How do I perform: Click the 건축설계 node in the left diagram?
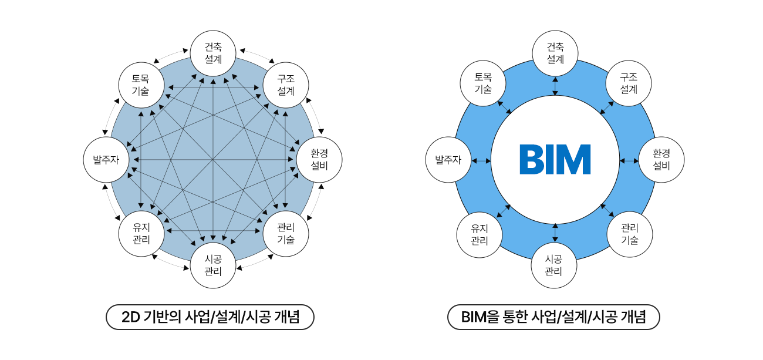point(213,53)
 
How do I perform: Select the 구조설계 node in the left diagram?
point(286,85)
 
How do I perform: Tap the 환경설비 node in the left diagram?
point(319,160)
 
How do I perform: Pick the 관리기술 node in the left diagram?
point(286,234)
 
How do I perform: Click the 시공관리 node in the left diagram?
point(213,265)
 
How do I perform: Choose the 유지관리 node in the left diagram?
point(141,234)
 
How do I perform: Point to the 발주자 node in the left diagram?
point(106,160)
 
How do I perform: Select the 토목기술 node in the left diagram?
point(141,85)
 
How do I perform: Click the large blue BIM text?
point(555,160)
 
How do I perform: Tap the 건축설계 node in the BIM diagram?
point(555,53)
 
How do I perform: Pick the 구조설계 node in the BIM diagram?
point(629,83)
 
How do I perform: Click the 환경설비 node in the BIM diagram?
point(661,160)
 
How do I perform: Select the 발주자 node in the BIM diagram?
point(448,160)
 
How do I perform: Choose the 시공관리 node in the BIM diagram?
point(554,265)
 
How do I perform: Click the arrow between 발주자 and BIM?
point(481,161)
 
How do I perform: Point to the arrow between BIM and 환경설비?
point(629,161)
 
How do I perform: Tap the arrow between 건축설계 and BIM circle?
point(555,86)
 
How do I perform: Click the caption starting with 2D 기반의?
point(210,317)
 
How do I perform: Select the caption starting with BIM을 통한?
point(553,317)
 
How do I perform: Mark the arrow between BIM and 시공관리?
point(555,233)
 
